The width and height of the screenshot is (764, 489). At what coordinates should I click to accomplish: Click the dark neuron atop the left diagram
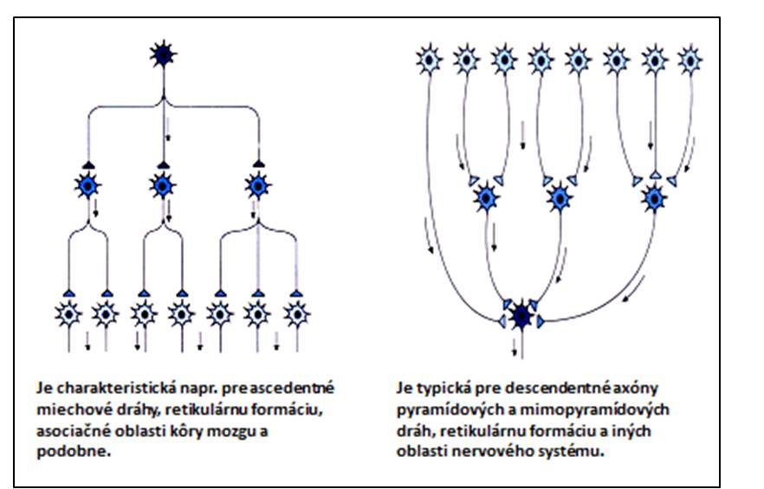coord(163,55)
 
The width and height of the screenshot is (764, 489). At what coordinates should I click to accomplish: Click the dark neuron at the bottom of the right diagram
coord(521,317)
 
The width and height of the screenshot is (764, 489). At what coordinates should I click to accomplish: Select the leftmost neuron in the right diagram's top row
coord(430,60)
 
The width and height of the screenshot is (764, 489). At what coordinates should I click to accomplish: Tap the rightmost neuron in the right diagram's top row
coord(690,60)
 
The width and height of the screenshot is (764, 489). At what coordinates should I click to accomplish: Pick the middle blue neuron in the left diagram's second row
coord(162,185)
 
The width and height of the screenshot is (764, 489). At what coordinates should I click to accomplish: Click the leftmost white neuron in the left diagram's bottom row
coord(68,314)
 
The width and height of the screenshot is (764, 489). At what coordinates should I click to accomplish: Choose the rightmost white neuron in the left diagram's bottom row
coord(296,314)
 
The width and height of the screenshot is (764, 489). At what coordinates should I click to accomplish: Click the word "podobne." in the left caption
coord(74,452)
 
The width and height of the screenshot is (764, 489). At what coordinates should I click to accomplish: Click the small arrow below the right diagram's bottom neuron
coord(515,347)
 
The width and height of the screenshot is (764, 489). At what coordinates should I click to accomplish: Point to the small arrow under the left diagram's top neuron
coord(168,129)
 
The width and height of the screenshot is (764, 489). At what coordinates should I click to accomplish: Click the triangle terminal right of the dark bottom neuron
coord(540,321)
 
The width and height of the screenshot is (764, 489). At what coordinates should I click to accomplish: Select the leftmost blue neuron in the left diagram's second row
coord(87,185)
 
